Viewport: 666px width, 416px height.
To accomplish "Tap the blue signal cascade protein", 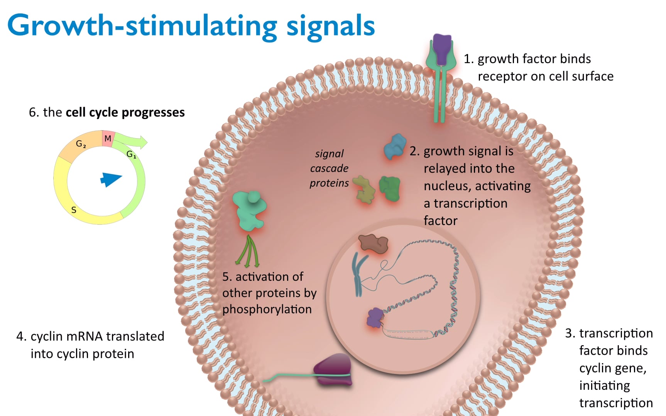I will pos(395,147).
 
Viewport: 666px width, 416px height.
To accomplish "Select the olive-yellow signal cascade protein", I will pos(364,189).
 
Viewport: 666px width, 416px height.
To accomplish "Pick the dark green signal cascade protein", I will pos(389,188).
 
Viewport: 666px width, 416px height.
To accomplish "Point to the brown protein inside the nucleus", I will pos(372,243).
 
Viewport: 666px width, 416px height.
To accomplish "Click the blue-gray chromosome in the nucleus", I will pos(358,273).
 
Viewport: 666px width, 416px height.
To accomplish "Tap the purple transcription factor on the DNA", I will pos(374,318).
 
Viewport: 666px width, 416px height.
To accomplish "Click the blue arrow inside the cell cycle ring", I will pos(111,179).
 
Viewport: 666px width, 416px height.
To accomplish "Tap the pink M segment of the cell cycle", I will pos(108,139).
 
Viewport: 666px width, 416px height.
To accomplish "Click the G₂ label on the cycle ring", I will pos(81,144).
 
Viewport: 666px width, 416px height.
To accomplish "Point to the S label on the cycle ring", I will pos(74,210).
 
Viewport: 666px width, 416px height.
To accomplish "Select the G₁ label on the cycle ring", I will pos(131,154).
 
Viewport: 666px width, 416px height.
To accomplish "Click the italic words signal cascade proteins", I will pos(329,168).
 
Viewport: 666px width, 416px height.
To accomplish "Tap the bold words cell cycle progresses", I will pos(125,112).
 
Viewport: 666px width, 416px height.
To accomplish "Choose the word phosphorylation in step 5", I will pos(267,309).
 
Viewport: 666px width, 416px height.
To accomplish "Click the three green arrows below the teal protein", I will pos(248,252).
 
